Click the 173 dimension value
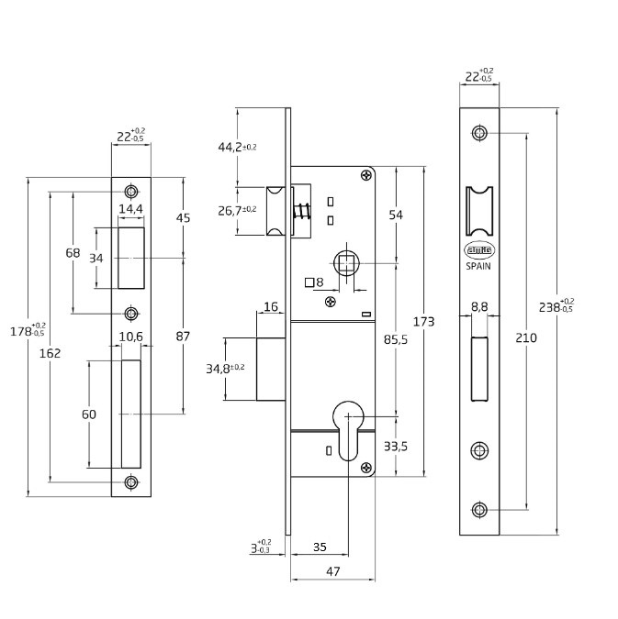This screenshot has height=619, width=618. point(423,322)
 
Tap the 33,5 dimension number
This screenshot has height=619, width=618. point(396,447)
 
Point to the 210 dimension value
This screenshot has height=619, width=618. point(527,337)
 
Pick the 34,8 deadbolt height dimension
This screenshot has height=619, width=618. point(224,369)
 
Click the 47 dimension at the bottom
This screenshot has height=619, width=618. point(332,572)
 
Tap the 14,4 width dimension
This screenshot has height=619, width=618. point(130,210)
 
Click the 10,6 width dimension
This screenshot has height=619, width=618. point(130,337)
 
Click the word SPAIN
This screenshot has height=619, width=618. point(479,266)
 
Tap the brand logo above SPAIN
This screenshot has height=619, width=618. point(479,249)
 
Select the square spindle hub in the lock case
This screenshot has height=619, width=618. point(346,264)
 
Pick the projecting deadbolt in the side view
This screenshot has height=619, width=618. point(270,369)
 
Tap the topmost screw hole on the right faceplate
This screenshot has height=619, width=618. point(479,133)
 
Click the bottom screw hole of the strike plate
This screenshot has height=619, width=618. point(132,482)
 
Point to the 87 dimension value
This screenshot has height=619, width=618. point(183,337)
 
